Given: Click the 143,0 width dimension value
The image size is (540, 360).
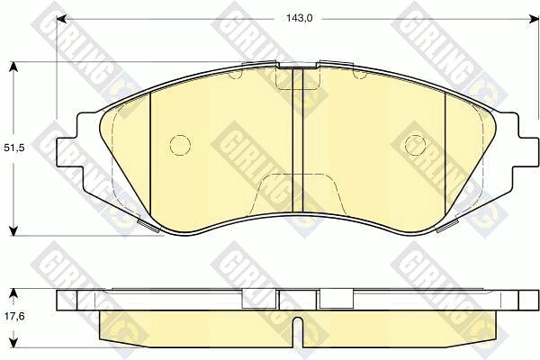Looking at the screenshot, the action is [299, 19].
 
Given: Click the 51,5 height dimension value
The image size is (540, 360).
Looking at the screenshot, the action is [13, 148].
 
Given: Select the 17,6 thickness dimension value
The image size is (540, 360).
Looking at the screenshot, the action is [14, 316].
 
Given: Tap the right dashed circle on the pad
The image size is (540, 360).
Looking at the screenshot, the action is [415, 144].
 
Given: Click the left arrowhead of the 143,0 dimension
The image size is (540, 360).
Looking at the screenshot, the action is [61, 19].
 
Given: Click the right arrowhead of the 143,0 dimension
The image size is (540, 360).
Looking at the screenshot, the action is [535, 19].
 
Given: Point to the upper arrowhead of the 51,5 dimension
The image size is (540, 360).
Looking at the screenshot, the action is [13, 67].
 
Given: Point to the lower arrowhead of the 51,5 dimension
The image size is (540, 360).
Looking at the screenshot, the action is [13, 230].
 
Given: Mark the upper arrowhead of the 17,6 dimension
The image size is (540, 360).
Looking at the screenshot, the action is [13, 293].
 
